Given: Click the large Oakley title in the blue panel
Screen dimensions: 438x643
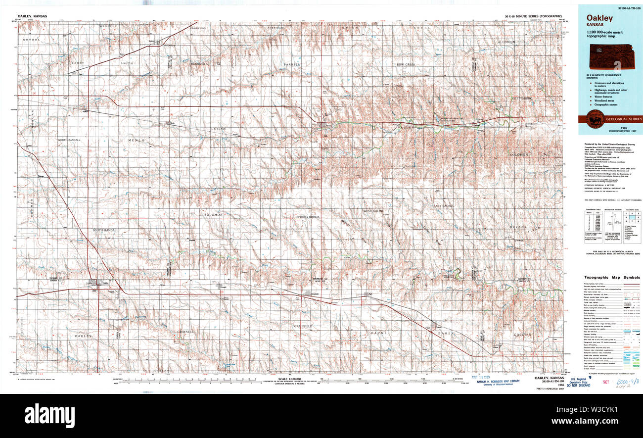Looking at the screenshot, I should tap(600, 18).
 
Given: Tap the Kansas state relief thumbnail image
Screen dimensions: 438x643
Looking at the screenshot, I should tap(610, 56).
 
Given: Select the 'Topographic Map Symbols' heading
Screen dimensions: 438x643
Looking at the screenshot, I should tap(611, 278).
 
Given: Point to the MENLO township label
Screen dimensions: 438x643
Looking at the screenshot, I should tap(137, 141).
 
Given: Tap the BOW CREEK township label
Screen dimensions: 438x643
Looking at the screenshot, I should tap(405, 65).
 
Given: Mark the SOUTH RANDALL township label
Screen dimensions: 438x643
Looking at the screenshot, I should tap(105, 231).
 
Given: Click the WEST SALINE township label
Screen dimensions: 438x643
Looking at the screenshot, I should tap(373, 211).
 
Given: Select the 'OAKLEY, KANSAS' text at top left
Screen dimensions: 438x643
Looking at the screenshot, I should tap(32, 16).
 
